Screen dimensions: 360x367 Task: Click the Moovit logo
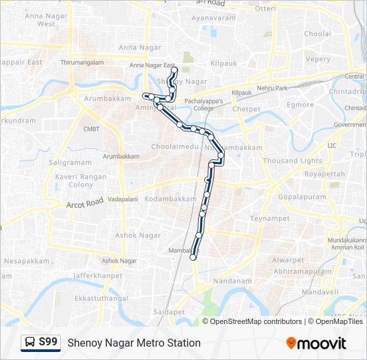(x=316, y=343)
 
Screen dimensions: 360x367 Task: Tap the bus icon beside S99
(x=30, y=343)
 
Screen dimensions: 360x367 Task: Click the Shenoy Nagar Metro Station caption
(x=133, y=343)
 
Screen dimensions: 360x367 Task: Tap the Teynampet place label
(x=269, y=218)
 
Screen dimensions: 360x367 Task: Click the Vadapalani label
(x=122, y=199)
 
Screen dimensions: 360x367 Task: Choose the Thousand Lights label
(x=292, y=161)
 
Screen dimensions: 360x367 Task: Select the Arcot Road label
(x=85, y=202)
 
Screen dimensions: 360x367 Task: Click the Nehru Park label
(x=272, y=87)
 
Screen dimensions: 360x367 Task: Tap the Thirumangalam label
(x=82, y=62)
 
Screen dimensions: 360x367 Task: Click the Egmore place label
(x=300, y=105)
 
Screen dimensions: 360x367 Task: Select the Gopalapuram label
(x=302, y=197)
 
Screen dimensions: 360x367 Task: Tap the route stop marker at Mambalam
(x=194, y=257)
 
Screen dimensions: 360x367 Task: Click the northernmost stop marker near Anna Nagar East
(x=174, y=70)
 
